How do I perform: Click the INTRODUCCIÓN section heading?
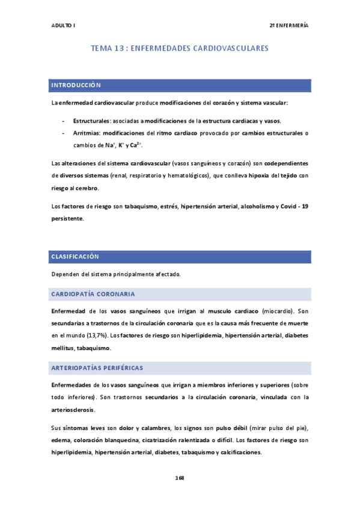[x=76, y=85]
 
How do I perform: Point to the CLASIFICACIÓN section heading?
[x=75, y=256]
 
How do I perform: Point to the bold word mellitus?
[x=65, y=348]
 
